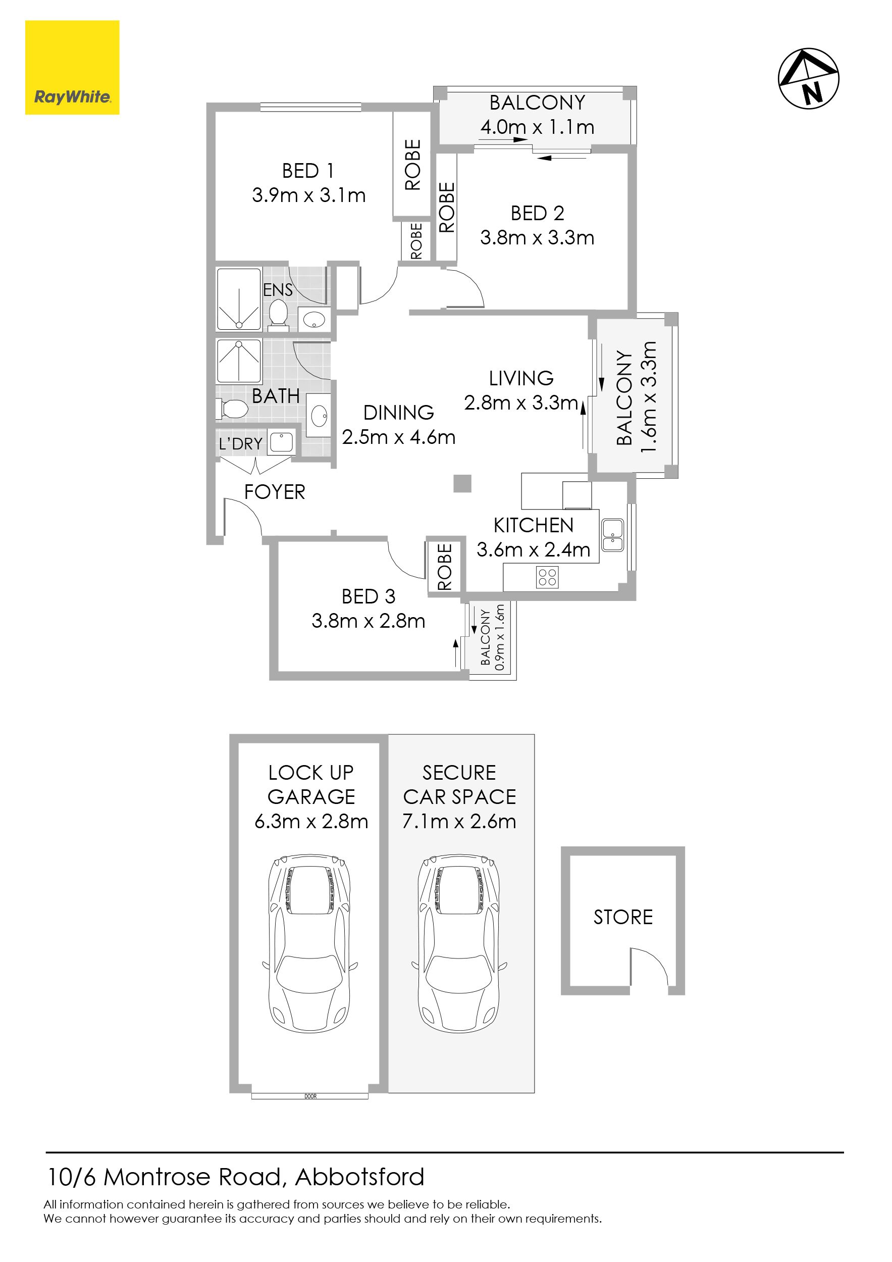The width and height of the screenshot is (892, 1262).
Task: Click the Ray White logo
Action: pos(72,68)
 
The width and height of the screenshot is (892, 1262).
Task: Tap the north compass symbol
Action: pos(809,79)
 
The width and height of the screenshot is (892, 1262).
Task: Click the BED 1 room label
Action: pos(308,171)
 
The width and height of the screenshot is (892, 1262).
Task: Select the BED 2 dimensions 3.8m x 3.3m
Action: pos(537,237)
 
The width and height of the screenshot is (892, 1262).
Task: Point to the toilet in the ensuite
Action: pos(279,314)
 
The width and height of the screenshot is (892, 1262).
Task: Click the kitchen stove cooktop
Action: pos(547,577)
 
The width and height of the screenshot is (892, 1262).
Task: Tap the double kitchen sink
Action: pos(613,535)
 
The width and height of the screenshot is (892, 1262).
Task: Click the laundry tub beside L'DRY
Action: pos(281,442)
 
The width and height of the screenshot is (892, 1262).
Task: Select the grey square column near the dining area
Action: pos(462,483)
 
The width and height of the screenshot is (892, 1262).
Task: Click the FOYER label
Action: pos(274,492)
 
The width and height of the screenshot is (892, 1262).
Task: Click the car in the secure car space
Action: pos(459,944)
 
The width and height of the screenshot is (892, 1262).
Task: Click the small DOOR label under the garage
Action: pos(310,1096)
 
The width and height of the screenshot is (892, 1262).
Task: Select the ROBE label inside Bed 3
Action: pos(445,567)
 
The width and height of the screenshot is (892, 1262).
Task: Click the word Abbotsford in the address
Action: pos(359,1177)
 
